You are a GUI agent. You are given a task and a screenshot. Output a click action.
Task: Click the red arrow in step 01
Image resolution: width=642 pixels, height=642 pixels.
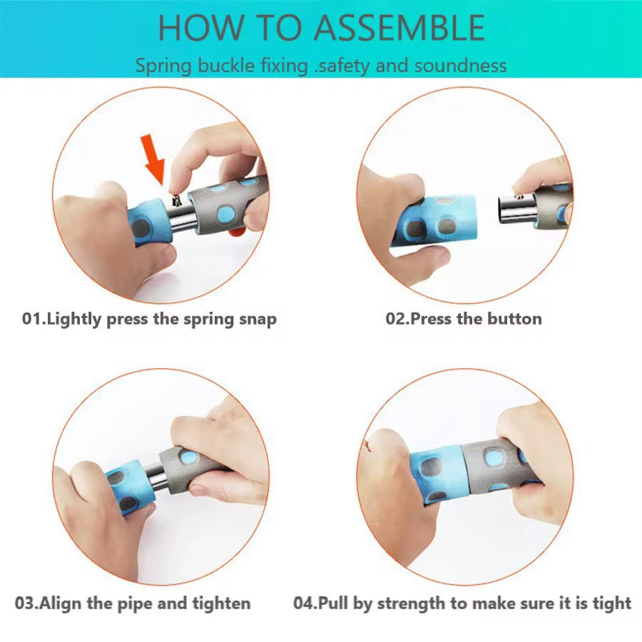coord(153,160)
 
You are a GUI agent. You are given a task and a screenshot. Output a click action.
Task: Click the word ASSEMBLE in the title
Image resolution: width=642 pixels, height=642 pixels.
coord(399,28)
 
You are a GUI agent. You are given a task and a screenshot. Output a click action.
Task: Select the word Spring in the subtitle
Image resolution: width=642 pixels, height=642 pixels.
coord(163,66)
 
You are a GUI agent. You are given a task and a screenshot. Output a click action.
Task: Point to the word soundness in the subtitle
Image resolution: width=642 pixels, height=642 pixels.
coord(461,66)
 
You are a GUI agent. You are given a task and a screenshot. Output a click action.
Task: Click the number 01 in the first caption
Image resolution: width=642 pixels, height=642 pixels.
coord(31,319)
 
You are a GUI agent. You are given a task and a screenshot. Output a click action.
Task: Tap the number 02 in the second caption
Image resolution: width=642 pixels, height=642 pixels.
coord(395,319)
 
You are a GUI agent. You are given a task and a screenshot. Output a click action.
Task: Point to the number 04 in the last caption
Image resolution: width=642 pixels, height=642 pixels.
coord(303,603)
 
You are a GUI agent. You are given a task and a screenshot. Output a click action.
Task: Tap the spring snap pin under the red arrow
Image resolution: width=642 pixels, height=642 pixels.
coord(177,200)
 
